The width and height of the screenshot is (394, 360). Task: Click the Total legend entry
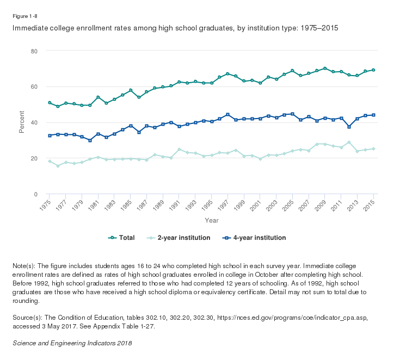pyautogui.click(x=122, y=238)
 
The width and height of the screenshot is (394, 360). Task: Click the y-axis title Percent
pyautogui.click(x=22, y=122)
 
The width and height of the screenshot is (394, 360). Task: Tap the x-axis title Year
pyautogui.click(x=212, y=220)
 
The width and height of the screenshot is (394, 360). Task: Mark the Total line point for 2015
pyautogui.click(x=373, y=70)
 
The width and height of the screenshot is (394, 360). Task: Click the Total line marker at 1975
pyautogui.click(x=50, y=103)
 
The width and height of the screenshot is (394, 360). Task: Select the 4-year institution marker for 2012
pyautogui.click(x=349, y=127)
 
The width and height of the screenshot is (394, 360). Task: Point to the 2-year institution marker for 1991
pyautogui.click(x=179, y=149)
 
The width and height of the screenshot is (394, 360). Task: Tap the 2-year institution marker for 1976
pyautogui.click(x=58, y=165)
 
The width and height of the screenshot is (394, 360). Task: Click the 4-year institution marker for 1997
pyautogui.click(x=227, y=115)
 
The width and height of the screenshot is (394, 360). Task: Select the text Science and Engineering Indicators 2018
pyautogui.click(x=72, y=343)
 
